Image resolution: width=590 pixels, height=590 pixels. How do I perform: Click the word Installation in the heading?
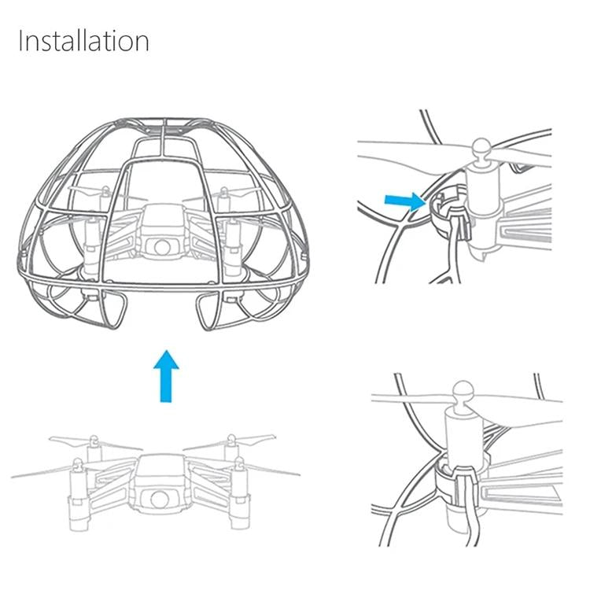coord(83,40)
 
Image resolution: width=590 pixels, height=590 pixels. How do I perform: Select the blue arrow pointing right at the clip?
coord(404,201)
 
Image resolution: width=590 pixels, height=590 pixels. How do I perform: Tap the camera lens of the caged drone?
coord(161,246)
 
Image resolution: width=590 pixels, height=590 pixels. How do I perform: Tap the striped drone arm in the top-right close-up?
coord(543,232)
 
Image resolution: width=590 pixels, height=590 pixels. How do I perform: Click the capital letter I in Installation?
coord(21,40)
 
